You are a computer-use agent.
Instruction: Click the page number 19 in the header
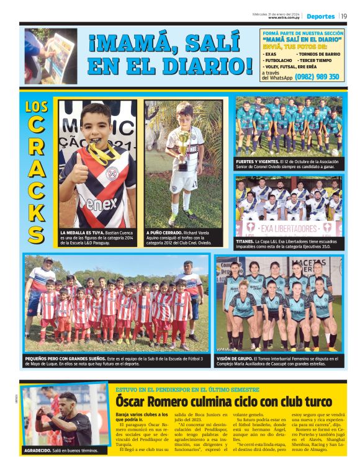point(344,16)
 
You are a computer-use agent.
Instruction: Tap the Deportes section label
point(320,16)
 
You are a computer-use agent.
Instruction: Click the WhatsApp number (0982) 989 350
point(317,77)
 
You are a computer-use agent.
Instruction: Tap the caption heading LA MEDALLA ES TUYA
point(81,232)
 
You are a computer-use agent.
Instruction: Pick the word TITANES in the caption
point(246,239)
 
